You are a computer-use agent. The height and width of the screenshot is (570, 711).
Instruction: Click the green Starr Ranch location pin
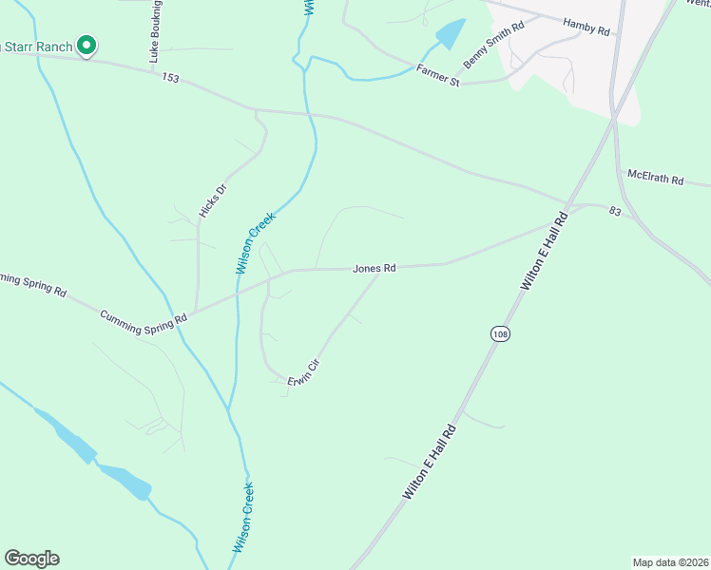pyautogui.click(x=86, y=46)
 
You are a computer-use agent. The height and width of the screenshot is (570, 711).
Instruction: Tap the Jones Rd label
pyautogui.click(x=374, y=269)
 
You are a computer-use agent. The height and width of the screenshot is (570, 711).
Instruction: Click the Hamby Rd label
pyautogui.click(x=586, y=27)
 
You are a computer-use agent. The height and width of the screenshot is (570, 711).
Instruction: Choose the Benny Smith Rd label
pyautogui.click(x=493, y=46)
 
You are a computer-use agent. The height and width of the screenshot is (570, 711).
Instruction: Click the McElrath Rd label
pyautogui.click(x=656, y=178)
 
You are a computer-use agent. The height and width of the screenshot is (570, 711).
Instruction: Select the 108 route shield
pyautogui.click(x=500, y=333)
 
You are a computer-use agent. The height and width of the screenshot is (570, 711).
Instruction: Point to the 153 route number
pyautogui.click(x=170, y=78)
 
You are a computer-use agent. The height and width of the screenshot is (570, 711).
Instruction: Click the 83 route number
pyautogui.click(x=616, y=212)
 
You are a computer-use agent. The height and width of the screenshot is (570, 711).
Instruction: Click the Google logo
pyautogui.click(x=31, y=559)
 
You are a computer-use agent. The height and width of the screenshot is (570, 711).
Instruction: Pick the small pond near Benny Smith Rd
pyautogui.click(x=450, y=34)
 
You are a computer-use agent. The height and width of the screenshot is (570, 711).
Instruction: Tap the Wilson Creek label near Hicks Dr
pyautogui.click(x=255, y=243)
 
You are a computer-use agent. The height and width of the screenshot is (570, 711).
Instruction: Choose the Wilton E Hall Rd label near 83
pyautogui.click(x=545, y=251)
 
